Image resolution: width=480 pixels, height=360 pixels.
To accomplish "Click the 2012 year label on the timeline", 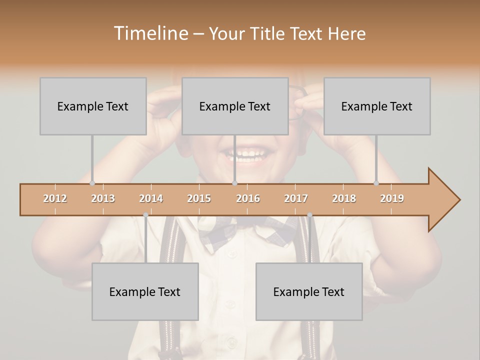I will click(55, 198).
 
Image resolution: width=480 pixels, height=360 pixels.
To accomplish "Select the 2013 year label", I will click(103, 198).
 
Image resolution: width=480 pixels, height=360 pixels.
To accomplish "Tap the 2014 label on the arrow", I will click(151, 198).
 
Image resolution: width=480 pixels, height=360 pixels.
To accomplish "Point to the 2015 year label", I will click(199, 198).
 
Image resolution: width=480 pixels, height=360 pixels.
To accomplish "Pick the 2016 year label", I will click(248, 198).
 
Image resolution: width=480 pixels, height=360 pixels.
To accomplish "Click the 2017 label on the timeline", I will click(296, 198).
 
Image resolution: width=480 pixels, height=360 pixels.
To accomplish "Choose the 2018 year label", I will click(344, 198).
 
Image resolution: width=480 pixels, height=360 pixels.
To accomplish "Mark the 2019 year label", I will click(392, 198).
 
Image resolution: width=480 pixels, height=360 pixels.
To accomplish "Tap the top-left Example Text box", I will click(93, 106).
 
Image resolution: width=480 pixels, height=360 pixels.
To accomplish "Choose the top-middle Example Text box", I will click(235, 106).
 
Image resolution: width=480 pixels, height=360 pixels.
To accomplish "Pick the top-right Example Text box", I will click(377, 106).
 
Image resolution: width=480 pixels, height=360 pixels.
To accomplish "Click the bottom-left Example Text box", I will click(145, 291).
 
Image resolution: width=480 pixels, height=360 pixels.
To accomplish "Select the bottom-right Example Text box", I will click(309, 291).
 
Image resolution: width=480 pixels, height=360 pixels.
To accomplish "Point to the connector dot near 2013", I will click(92, 183).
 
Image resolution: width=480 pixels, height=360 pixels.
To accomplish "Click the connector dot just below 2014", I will click(145, 215).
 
